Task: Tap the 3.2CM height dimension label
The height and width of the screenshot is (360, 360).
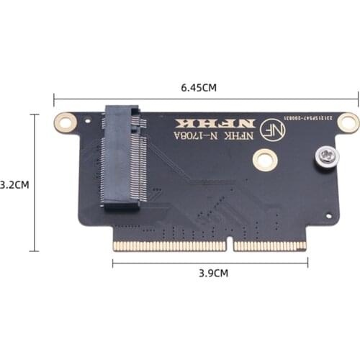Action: [x=14, y=184]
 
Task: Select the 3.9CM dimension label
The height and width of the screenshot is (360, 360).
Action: [x=213, y=273]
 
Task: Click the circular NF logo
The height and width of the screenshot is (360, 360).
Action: [x=274, y=129]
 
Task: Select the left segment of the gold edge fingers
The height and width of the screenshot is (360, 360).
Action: [x=171, y=246]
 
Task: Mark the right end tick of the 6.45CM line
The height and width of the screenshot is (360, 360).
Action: [x=358, y=100]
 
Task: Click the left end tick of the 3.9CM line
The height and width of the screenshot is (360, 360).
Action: [x=113, y=262]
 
